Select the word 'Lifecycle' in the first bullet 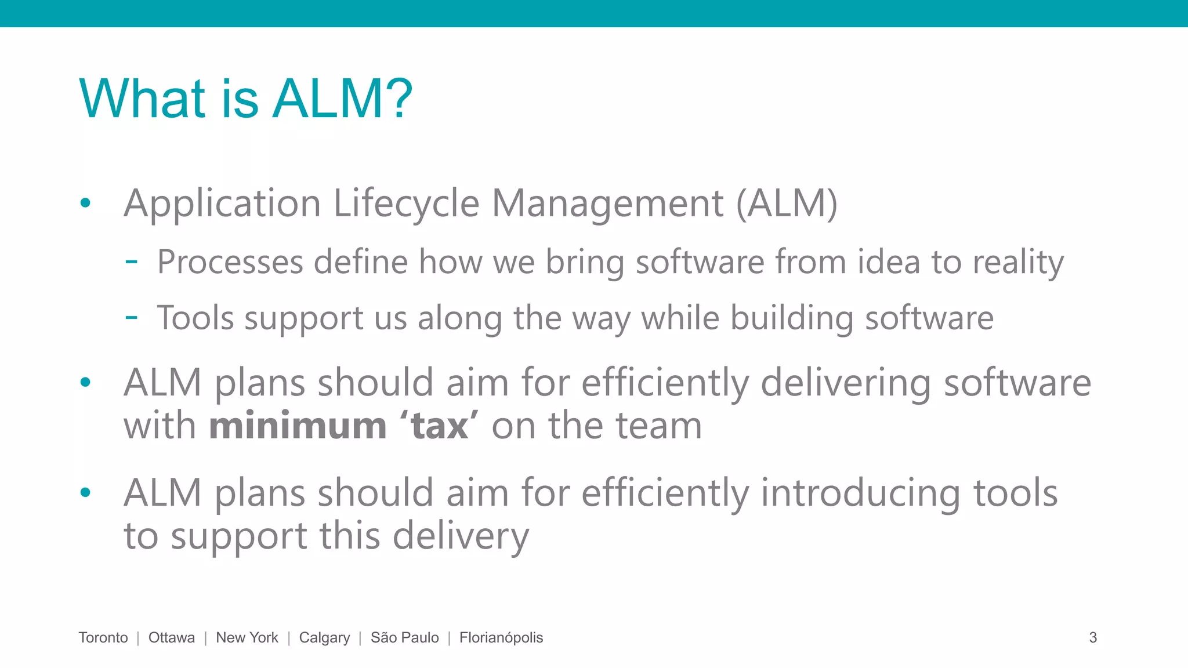406,204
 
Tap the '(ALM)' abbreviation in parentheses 787,204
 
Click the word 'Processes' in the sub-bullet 230,262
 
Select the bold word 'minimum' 298,426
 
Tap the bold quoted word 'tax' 439,426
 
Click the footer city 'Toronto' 103,638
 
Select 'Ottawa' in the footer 172,638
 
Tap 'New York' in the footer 247,638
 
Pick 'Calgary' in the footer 324,638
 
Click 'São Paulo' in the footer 405,638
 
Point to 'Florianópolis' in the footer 501,638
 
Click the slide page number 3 1093,638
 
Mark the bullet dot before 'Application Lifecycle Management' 86,203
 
